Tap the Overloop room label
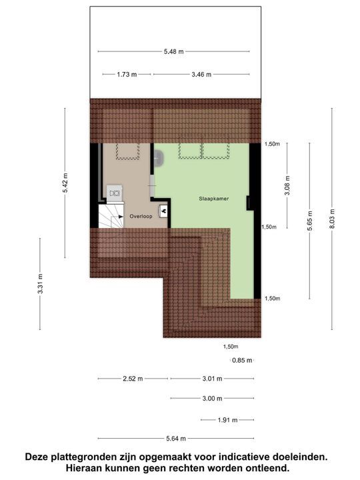coord(141,216)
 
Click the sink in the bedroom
coord(159,158)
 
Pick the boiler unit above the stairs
coord(114,193)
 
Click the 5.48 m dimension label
coord(173,51)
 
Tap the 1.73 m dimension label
coord(126,75)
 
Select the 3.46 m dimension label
coord(200,75)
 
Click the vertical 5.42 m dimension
coord(65,183)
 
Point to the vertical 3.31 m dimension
coord(40,284)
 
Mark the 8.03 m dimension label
coord(332,218)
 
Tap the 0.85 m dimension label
coord(242,361)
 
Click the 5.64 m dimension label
coord(175,438)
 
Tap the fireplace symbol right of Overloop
coord(163,208)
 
